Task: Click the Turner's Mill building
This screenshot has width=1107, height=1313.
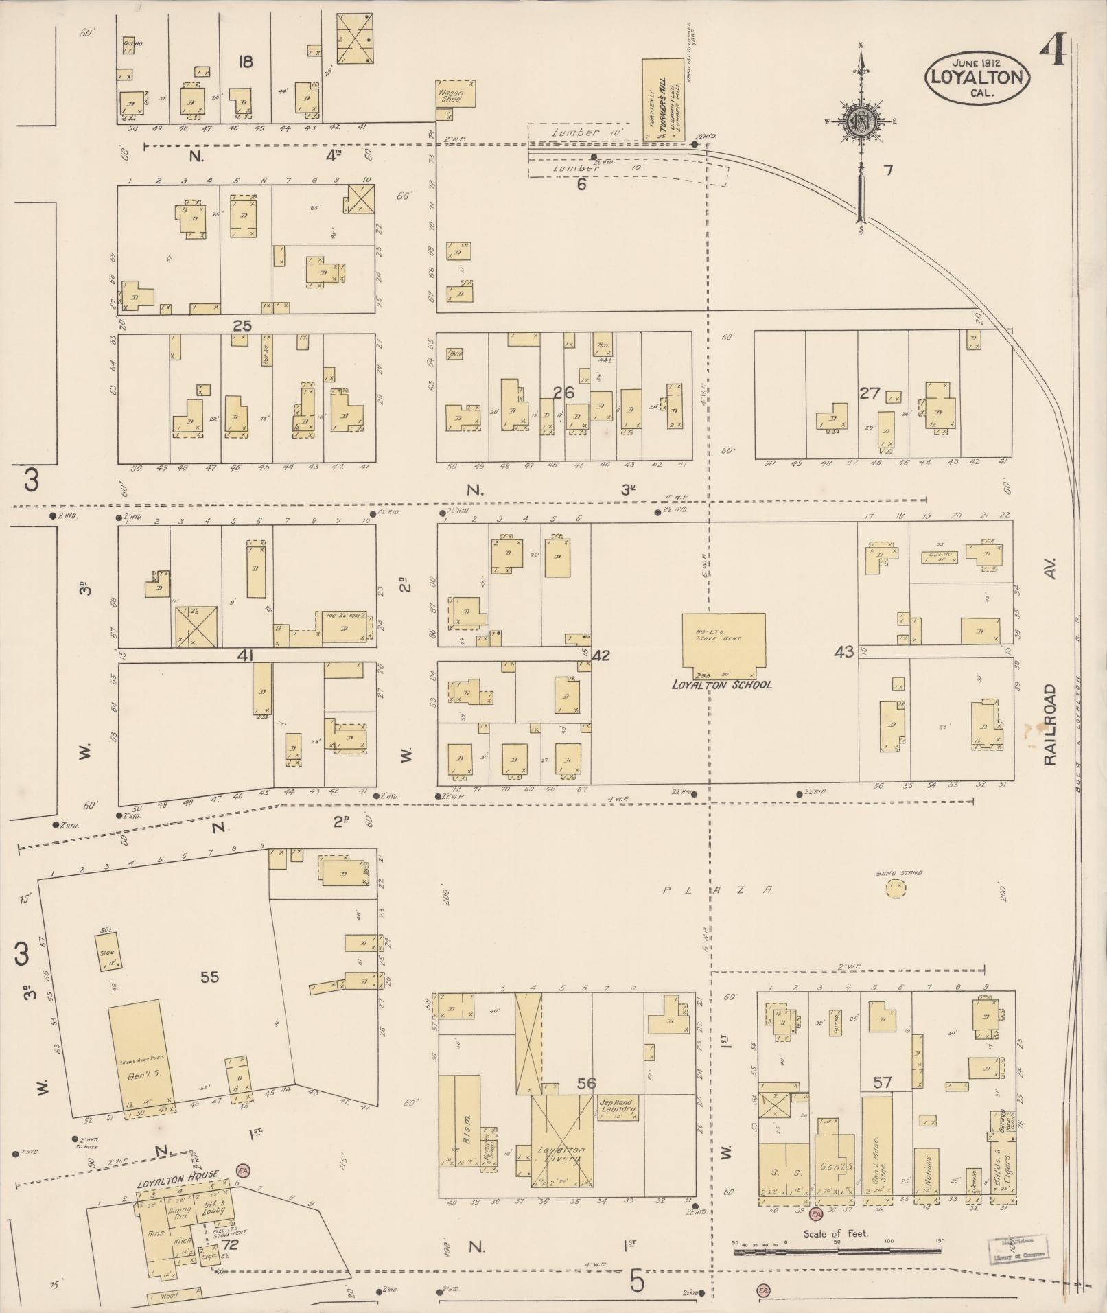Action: tap(663, 100)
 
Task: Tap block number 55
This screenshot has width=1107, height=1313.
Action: tap(209, 977)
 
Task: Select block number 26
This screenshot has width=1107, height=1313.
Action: tap(563, 393)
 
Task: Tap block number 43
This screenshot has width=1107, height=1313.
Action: tap(843, 651)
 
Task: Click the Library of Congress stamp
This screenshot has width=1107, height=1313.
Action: tap(1018, 1246)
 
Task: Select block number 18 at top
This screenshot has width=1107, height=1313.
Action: tap(245, 62)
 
